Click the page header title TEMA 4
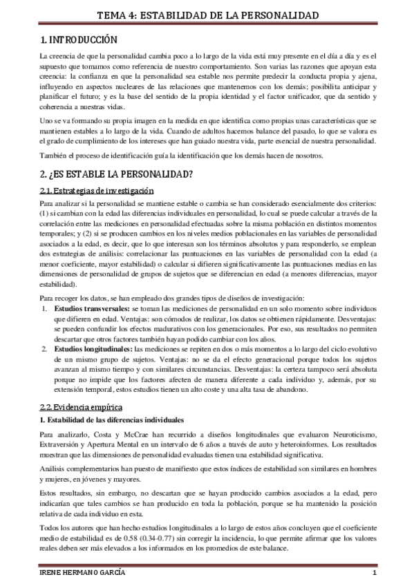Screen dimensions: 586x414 (x=207, y=15)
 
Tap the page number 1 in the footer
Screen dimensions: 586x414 (x=374, y=575)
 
